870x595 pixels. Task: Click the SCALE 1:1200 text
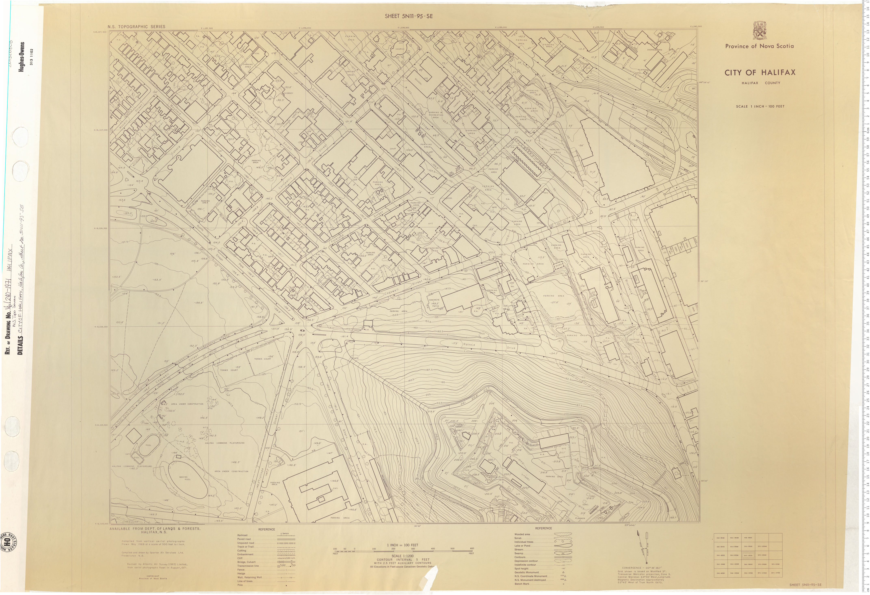[404, 555]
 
